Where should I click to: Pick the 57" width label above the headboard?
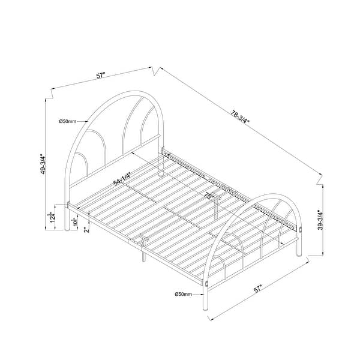[x=101, y=76]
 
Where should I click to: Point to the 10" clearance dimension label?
[x=74, y=223]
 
